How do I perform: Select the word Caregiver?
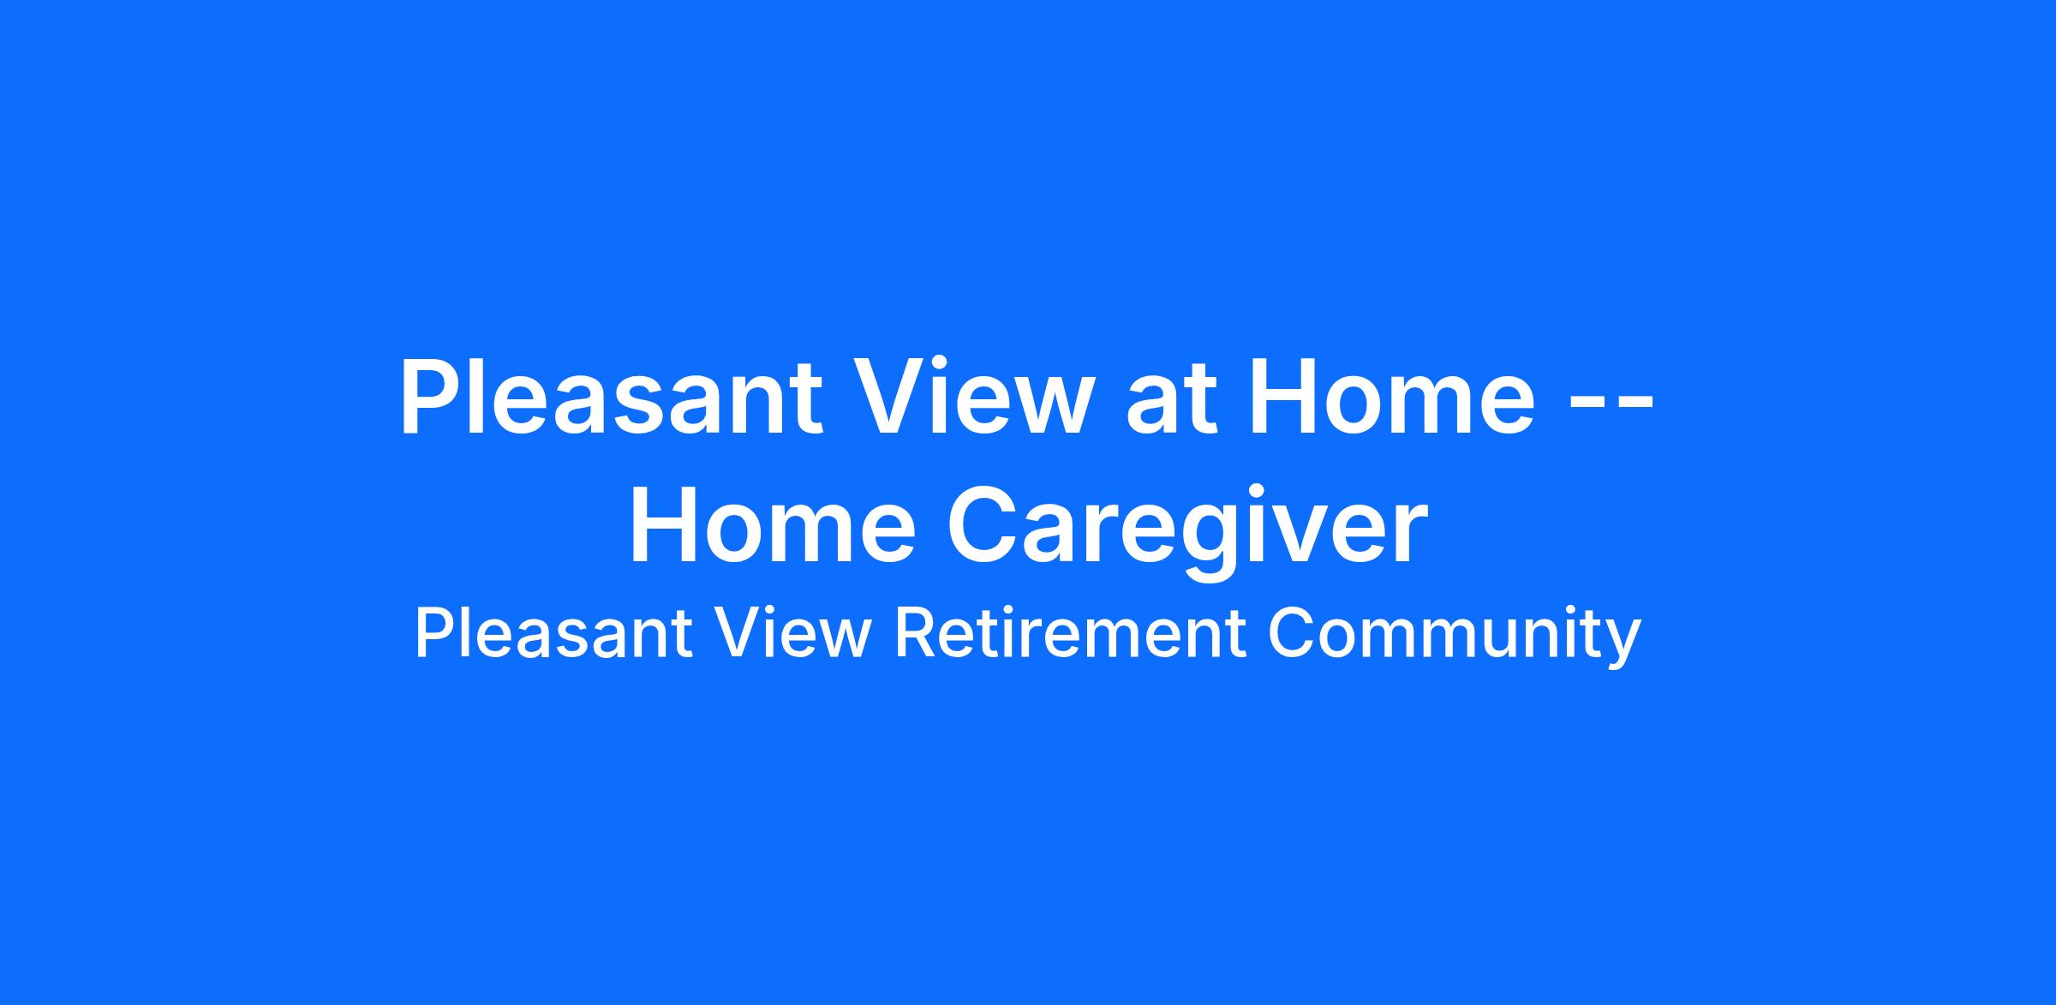click(x=1187, y=531)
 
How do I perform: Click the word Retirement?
click(x=1070, y=634)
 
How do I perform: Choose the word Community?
click(x=1454, y=638)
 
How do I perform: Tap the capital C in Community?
click(x=1292, y=634)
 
